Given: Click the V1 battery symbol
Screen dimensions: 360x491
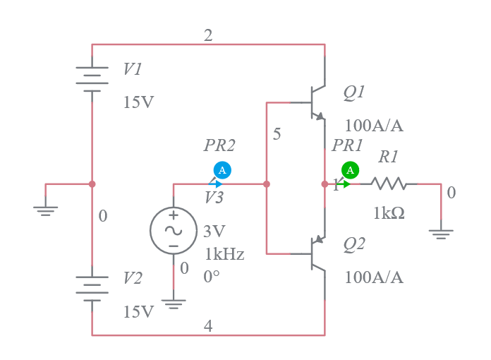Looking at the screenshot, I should click(92, 78).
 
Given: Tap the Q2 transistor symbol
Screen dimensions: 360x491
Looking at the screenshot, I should click(317, 253).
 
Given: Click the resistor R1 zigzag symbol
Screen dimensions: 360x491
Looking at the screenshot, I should click(388, 184).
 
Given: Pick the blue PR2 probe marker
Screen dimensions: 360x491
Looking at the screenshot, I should click(222, 170).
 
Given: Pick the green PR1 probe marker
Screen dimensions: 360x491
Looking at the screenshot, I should click(350, 170).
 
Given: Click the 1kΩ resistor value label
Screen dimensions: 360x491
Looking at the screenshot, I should click(389, 213).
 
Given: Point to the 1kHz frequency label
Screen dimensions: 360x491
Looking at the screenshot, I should click(224, 254).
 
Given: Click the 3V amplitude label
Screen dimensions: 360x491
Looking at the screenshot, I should click(214, 232).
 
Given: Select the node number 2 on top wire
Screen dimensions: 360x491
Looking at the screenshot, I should click(208, 36).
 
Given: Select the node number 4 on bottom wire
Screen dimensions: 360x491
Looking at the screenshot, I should click(208, 326).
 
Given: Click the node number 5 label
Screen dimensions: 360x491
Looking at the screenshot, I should click(277, 134).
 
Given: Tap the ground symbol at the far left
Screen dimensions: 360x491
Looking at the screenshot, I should click(46, 210).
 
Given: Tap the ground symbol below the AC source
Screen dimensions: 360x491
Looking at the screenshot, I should click(174, 304).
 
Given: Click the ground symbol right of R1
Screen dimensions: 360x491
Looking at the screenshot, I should click(441, 233).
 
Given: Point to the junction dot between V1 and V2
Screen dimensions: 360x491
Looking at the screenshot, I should click(92, 184).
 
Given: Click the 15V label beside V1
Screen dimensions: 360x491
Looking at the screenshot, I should click(138, 102).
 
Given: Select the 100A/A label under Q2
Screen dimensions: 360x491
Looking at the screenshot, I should click(374, 277).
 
